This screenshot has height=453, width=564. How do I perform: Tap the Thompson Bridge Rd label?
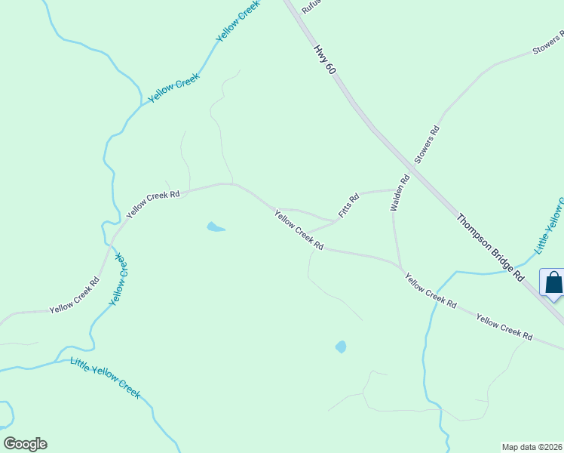[x=490, y=248]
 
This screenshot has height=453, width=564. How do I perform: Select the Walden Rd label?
[x=398, y=193]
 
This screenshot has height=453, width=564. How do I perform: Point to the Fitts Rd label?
[x=348, y=206]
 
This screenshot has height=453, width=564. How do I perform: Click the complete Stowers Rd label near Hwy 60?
[x=427, y=145]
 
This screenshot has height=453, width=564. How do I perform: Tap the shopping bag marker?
[x=553, y=284]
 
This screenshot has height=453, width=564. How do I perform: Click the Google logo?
[x=25, y=444]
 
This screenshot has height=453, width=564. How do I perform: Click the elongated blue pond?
[x=215, y=226]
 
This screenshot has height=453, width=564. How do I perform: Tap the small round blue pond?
[x=341, y=347]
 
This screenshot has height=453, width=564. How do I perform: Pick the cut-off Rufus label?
[x=311, y=7]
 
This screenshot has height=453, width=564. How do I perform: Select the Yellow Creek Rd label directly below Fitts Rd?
[x=299, y=230]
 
